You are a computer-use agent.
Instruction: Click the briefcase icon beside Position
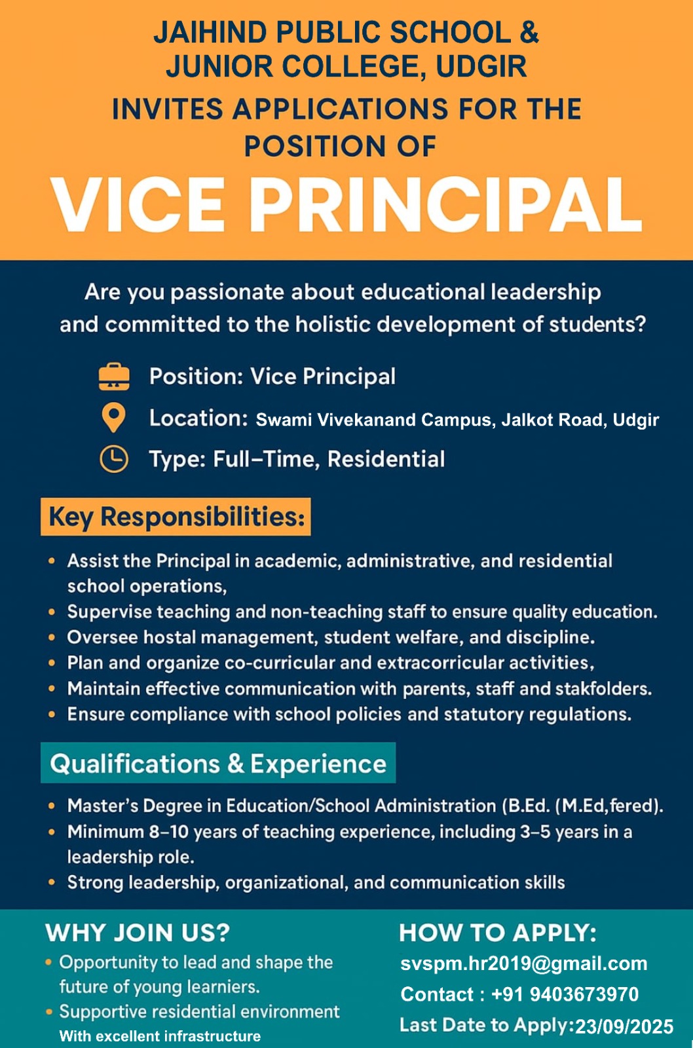tap(114, 377)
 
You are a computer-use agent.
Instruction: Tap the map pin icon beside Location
tap(114, 417)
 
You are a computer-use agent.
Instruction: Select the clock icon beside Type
tap(114, 458)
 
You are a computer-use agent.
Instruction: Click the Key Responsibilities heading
tap(176, 517)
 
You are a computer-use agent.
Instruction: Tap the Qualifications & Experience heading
tap(218, 763)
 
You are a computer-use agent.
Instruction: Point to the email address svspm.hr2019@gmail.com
tap(523, 964)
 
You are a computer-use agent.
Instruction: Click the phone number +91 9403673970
tap(565, 994)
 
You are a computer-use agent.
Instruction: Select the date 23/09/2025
tap(624, 1026)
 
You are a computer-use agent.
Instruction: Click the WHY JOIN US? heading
tap(138, 933)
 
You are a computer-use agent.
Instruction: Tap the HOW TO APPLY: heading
tap(498, 933)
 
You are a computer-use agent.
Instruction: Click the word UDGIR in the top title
tap(481, 67)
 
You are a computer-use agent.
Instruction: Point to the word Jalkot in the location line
tap(527, 420)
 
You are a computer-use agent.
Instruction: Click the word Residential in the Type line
tap(386, 459)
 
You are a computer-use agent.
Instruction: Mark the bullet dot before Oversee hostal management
tap(52, 637)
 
